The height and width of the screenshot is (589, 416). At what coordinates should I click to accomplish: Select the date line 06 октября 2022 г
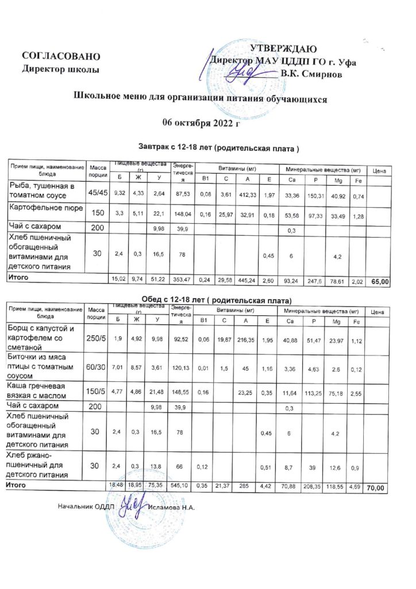point(201,123)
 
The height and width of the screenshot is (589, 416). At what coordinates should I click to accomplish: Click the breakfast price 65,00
point(380,282)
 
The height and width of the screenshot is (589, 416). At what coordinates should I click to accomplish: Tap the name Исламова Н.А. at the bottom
point(171,507)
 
